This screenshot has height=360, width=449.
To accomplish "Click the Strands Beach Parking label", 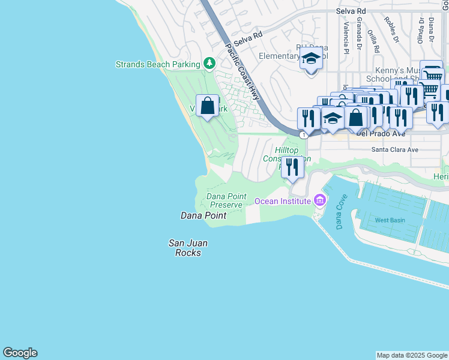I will pyautogui.click(x=157, y=64).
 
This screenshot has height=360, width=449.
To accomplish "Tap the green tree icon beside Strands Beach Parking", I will pyautogui.click(x=209, y=63).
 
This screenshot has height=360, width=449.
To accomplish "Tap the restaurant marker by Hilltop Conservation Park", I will pyautogui.click(x=292, y=166).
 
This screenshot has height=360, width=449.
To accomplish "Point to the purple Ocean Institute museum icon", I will pyautogui.click(x=320, y=200).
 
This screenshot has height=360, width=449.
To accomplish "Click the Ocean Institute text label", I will pyautogui.click(x=283, y=201).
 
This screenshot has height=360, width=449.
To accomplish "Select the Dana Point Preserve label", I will pyautogui.click(x=224, y=200).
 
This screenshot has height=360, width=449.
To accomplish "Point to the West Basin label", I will pyautogui.click(x=390, y=220).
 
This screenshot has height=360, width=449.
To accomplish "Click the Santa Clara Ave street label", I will pyautogui.click(x=394, y=149).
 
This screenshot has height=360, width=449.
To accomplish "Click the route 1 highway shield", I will pyautogui.click(x=304, y=135).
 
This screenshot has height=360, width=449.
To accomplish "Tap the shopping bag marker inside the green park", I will pyautogui.click(x=207, y=106).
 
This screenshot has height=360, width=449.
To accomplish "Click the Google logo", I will pyautogui.click(x=20, y=353).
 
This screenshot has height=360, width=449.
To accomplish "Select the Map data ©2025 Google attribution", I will pyautogui.click(x=412, y=355).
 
